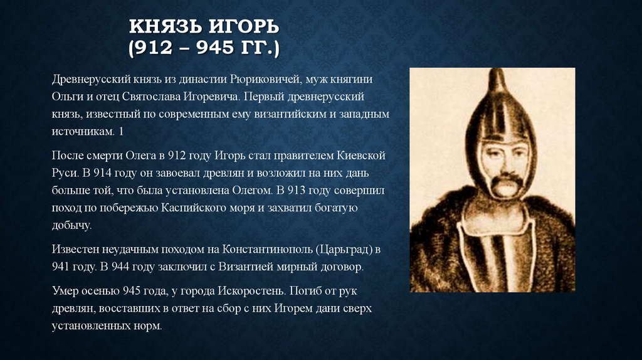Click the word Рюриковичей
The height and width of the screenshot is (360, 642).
click(275, 81)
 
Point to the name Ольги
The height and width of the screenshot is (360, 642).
click(68, 98)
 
